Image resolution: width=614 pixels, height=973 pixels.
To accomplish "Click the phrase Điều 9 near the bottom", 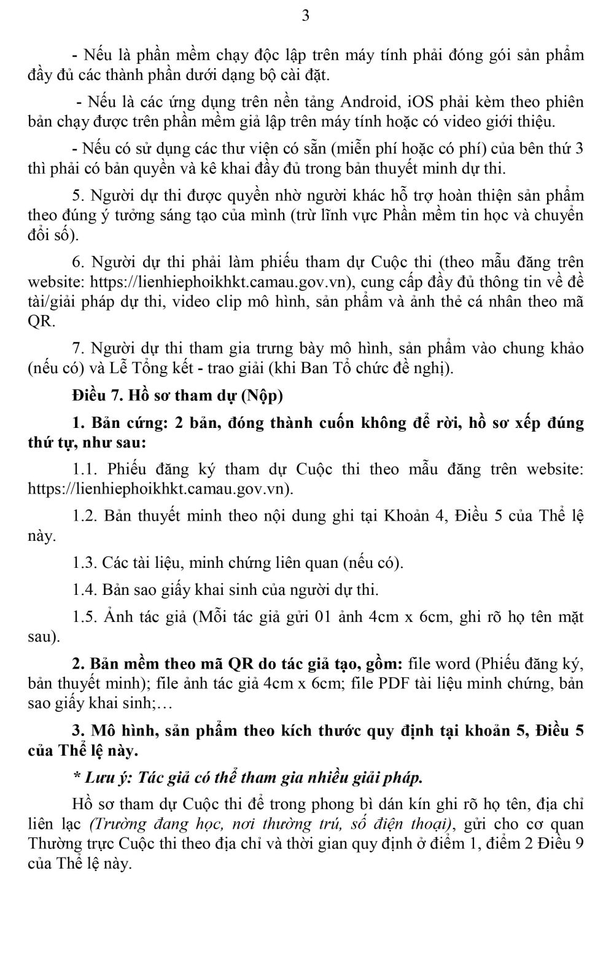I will [x=561, y=843].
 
